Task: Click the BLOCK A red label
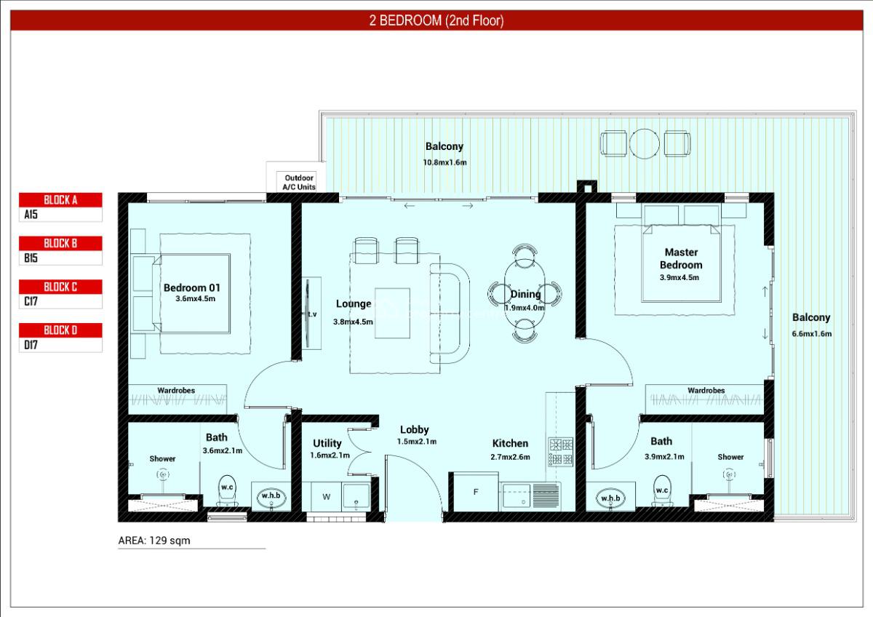tap(60, 200)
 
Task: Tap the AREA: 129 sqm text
tap(154, 541)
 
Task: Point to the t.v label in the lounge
tap(312, 314)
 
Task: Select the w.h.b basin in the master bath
tap(610, 498)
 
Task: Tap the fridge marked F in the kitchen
tap(476, 493)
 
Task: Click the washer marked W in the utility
tap(326, 498)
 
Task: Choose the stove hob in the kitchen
tap(560, 451)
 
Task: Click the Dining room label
tap(525, 295)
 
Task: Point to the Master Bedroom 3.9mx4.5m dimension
tap(679, 277)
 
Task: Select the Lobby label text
tap(414, 430)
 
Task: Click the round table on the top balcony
tap(644, 144)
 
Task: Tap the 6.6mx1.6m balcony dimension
tap(812, 334)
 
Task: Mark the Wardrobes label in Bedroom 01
tap(176, 391)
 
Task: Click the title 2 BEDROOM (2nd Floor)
tap(436, 21)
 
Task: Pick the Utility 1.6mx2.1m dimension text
tap(330, 455)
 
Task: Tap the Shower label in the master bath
tap(730, 457)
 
